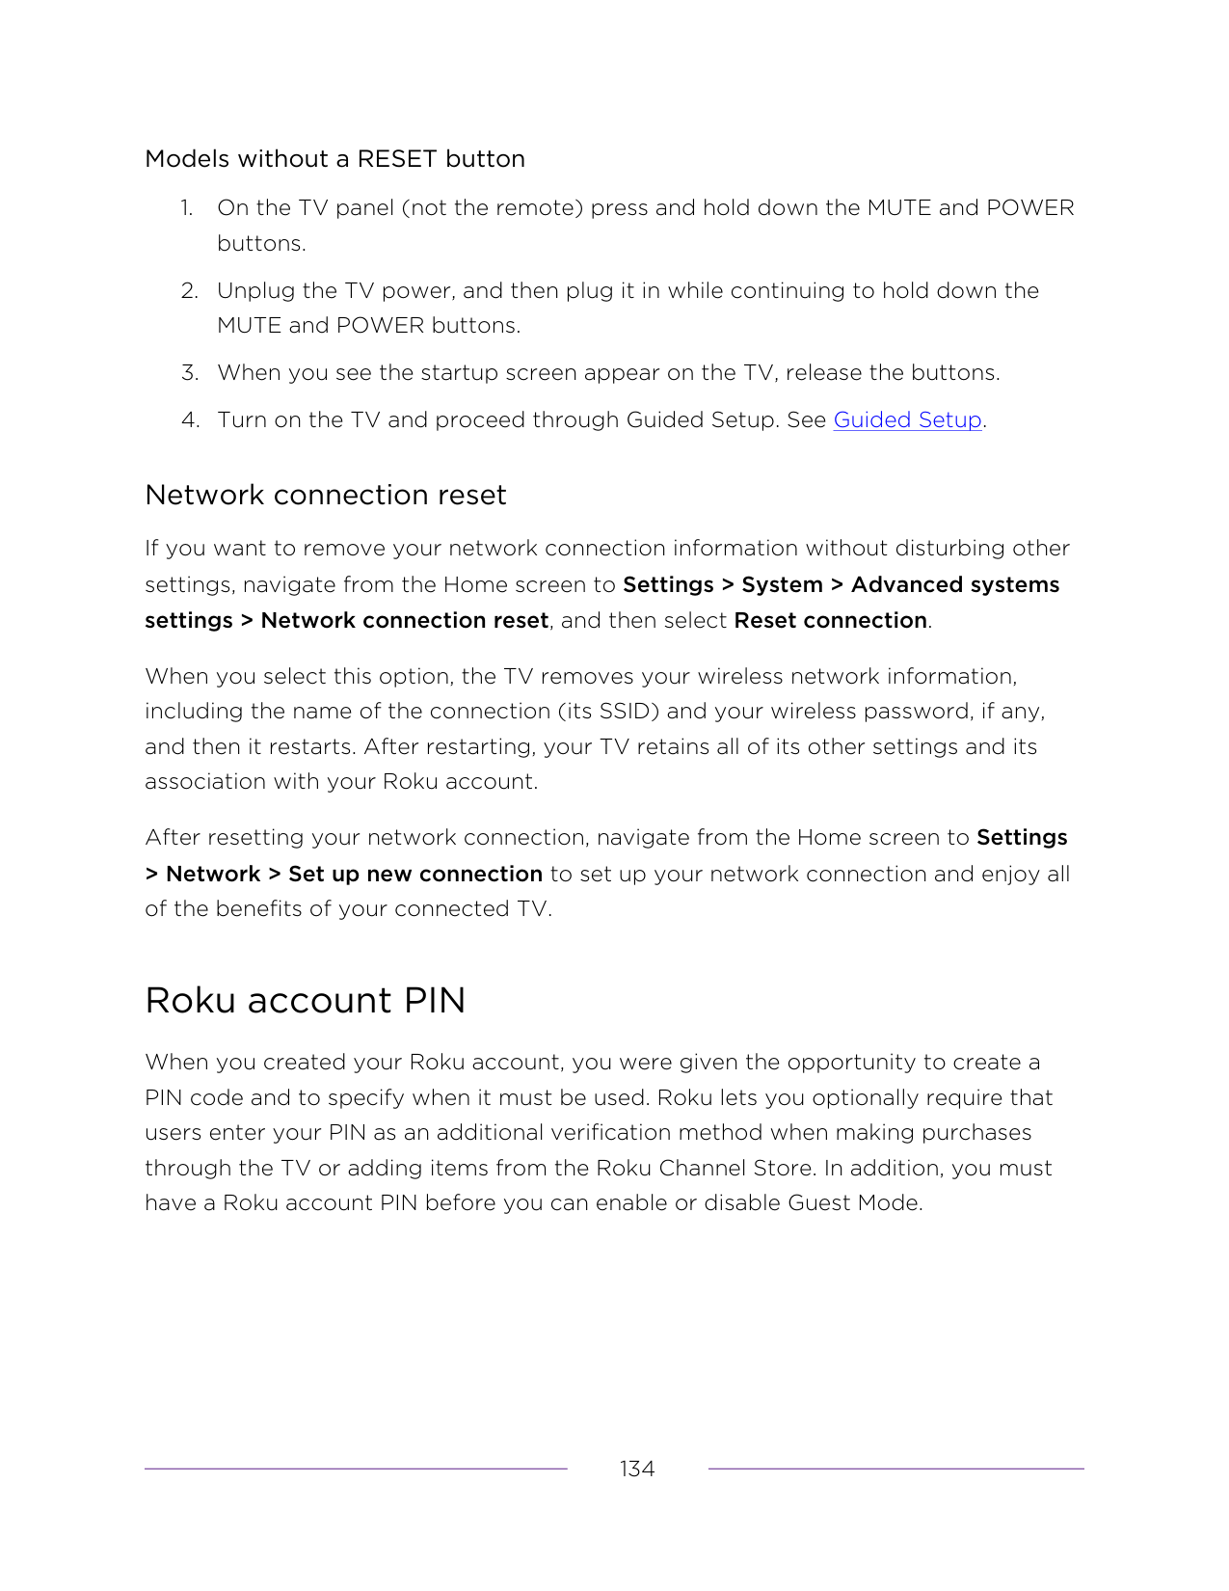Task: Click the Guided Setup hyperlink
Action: click(907, 420)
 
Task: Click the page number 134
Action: click(637, 1469)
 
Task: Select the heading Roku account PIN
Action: click(305, 1001)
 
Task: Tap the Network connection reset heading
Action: click(325, 496)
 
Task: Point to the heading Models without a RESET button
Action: click(334, 159)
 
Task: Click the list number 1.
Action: click(186, 208)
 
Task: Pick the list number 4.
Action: click(190, 420)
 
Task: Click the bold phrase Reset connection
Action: click(830, 621)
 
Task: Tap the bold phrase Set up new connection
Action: click(414, 875)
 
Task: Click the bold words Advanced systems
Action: click(954, 585)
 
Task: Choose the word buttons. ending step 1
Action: click(261, 244)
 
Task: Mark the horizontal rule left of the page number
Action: click(356, 1469)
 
